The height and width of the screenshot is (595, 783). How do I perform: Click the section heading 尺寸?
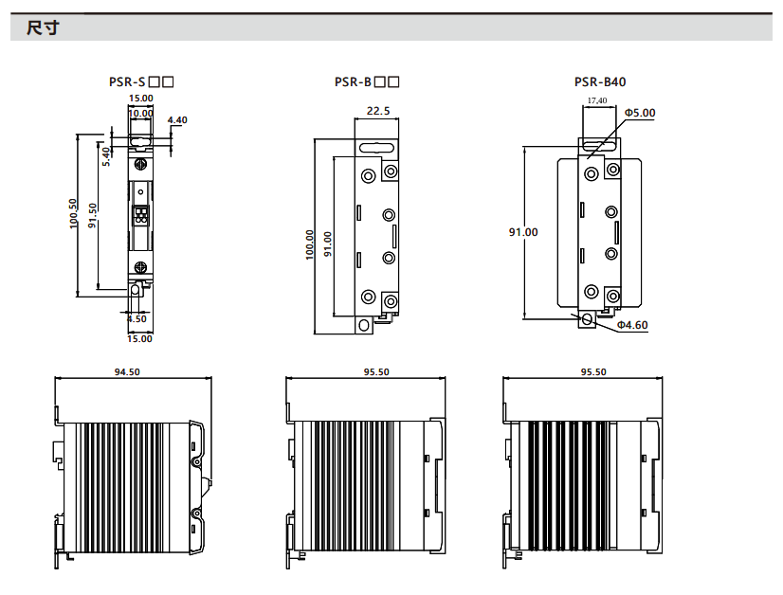point(43,28)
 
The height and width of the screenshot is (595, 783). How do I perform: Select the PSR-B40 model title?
point(600,82)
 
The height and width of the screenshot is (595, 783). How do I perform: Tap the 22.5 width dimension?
point(378,111)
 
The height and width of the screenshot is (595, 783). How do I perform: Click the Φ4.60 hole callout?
point(632,325)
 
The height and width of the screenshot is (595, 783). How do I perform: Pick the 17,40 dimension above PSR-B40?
point(597,99)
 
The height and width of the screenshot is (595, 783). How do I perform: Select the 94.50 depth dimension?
point(127,372)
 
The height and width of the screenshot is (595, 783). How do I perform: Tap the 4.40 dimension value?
point(177,120)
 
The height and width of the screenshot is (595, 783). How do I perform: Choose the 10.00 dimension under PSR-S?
point(141,113)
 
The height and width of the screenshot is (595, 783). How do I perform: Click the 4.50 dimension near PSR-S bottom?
point(137,319)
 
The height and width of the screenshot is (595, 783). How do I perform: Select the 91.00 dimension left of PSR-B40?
point(523,231)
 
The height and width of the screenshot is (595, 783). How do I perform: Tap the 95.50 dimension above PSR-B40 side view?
point(593,372)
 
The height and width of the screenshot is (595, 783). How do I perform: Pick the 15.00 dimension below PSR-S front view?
point(140,337)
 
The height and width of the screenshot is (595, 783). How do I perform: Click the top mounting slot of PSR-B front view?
point(377,149)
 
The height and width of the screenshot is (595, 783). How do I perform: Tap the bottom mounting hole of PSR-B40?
point(588,319)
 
